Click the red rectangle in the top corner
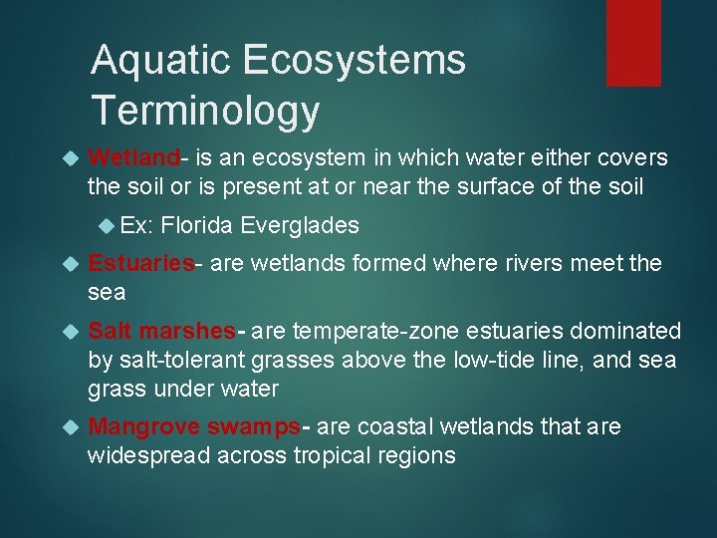point(633,42)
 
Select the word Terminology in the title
point(205,111)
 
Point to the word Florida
point(196,225)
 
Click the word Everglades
point(299,225)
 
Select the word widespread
point(146,456)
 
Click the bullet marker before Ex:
point(107,225)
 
